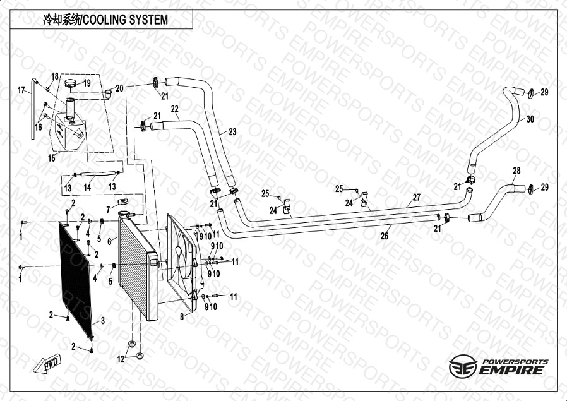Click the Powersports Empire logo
(x=498, y=367)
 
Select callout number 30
(x=530, y=119)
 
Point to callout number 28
(x=516, y=171)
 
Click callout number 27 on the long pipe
(x=417, y=198)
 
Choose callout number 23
(x=232, y=132)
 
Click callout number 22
(x=175, y=109)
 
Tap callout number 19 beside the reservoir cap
(x=87, y=83)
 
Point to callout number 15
(x=52, y=158)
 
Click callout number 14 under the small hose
(x=88, y=188)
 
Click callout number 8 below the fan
(x=181, y=317)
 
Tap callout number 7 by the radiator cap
(x=109, y=209)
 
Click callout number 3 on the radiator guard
(x=102, y=320)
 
